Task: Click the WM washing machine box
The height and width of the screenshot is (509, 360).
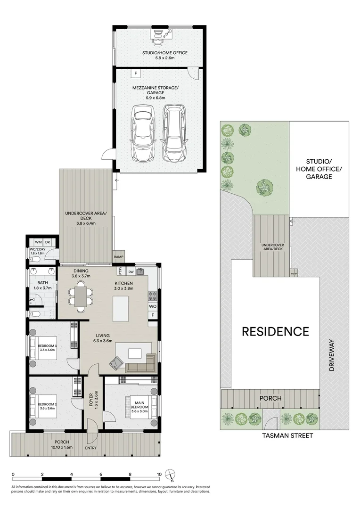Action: tap(38, 242)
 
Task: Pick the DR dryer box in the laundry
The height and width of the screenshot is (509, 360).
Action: tap(48, 242)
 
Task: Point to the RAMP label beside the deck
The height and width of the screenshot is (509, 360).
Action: tap(119, 257)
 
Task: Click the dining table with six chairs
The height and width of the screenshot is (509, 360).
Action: tap(81, 296)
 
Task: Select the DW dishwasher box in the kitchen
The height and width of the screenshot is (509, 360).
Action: tap(131, 271)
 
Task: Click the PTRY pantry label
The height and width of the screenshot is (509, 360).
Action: tap(121, 271)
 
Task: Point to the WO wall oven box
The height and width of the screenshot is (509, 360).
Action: tap(152, 306)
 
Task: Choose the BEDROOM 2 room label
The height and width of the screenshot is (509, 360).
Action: tap(47, 404)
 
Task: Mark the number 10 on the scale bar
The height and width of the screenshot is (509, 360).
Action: tap(159, 475)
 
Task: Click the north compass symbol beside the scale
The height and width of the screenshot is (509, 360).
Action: tap(172, 475)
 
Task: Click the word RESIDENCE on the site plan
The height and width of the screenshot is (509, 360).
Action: tap(275, 331)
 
